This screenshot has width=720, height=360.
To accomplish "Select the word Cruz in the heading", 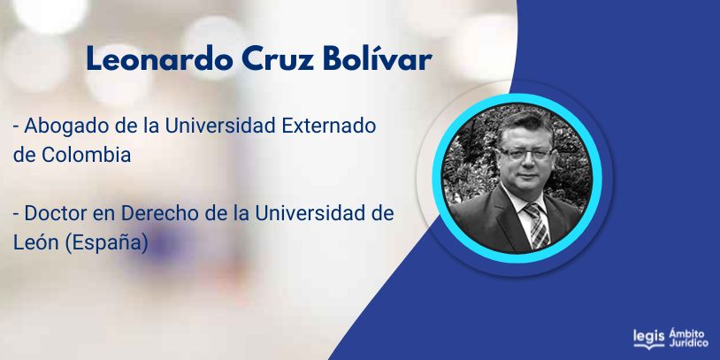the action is click(278, 58).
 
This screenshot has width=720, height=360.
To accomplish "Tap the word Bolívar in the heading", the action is click(378, 58).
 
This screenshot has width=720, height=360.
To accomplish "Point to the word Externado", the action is click(329, 126).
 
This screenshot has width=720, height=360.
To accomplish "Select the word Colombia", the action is click(87, 155).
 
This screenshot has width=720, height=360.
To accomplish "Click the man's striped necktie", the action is click(537, 226).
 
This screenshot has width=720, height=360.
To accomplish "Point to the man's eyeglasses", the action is click(525, 153).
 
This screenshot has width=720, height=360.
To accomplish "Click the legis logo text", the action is click(649, 337).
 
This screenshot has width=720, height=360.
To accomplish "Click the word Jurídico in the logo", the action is click(688, 343).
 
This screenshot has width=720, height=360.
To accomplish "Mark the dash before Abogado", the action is click(16, 127).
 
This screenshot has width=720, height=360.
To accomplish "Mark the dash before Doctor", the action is click(16, 215).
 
